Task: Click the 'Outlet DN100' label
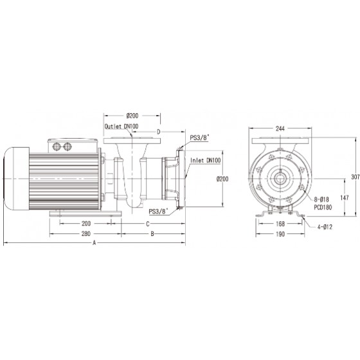pos(122,126)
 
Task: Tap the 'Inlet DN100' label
pos(206,161)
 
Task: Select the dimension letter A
pos(94,243)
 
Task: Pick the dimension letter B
pos(152,234)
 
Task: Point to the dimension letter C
pos(148,224)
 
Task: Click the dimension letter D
pos(158,132)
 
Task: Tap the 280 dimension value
pos(86,234)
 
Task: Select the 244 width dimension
pos(280,129)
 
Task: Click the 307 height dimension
pos(355,177)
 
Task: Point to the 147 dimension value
pos(345,197)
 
